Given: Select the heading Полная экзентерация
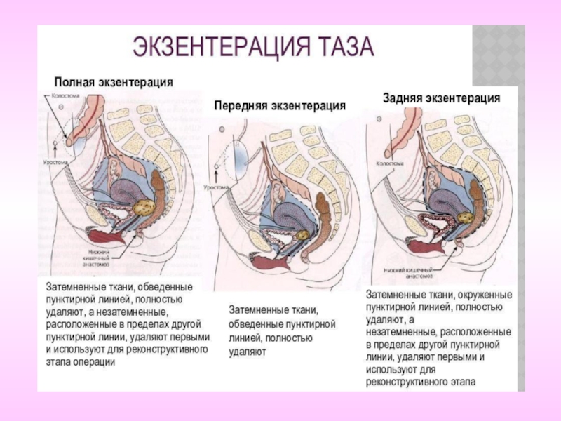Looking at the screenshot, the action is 114,81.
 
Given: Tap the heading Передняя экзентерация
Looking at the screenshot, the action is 280,106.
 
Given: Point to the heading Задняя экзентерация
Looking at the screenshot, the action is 441,98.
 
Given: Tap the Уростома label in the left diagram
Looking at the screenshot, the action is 60,161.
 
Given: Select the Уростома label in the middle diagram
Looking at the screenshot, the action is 217,187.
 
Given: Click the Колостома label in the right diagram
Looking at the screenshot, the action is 390,163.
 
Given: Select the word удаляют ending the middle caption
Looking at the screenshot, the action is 248,352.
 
